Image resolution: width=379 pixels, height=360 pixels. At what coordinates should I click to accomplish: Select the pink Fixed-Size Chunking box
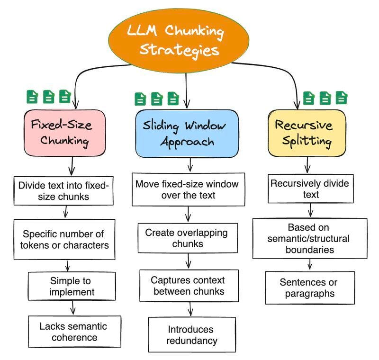(64, 133)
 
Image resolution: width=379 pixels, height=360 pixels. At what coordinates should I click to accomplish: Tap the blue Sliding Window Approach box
(187, 134)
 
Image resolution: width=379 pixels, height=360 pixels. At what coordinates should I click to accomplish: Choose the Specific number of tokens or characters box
(64, 239)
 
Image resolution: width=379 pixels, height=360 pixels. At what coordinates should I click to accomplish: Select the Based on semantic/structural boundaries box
(310, 238)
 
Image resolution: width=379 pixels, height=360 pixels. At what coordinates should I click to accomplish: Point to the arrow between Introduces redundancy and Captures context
(190, 309)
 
